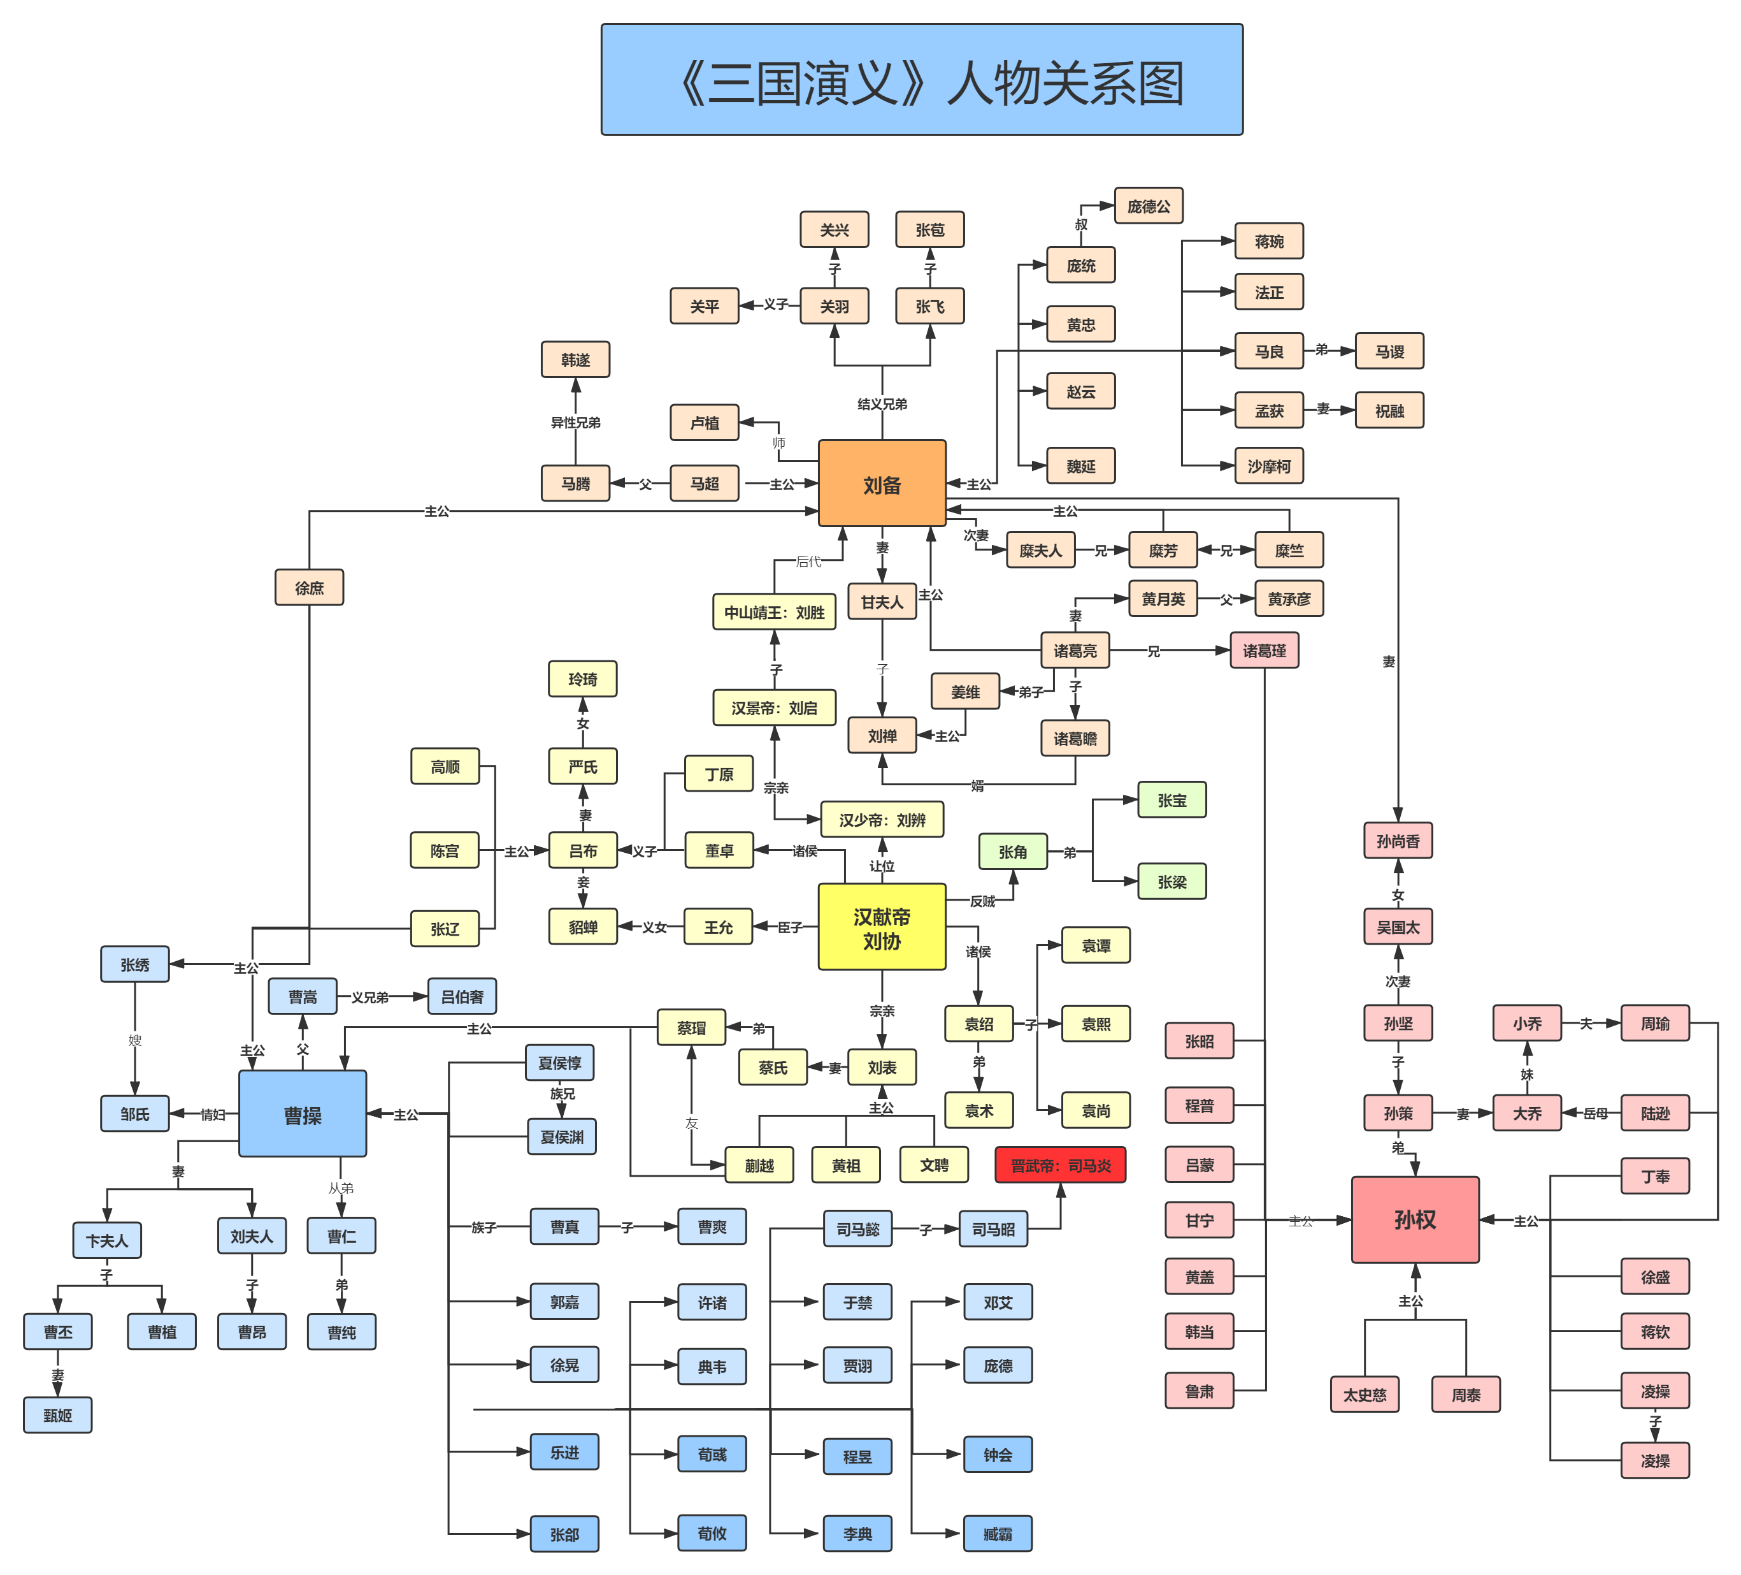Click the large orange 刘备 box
[882, 484]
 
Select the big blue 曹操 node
[302, 1115]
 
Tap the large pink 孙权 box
[1415, 1219]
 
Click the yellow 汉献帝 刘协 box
[882, 927]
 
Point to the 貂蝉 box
[583, 927]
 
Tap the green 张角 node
[1012, 852]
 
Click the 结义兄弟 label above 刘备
[882, 403]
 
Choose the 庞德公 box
[1148, 206]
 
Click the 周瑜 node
[1654, 1023]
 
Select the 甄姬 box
[58, 1415]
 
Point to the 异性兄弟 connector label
[575, 423]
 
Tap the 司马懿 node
[857, 1228]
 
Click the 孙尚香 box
[1397, 841]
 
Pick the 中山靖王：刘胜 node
[774, 612]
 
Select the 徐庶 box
[309, 588]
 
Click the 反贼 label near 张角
[982, 901]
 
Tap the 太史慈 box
[1364, 1395]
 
